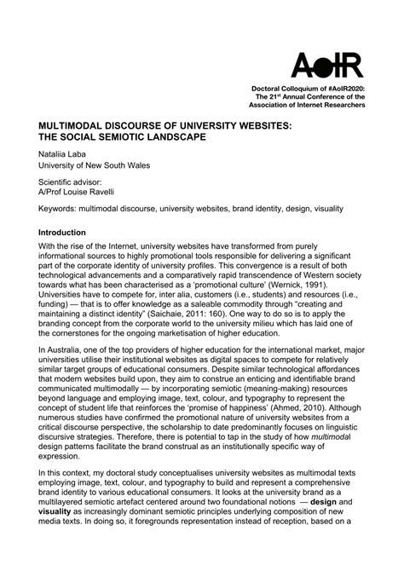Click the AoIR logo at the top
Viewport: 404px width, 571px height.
pyautogui.click(x=327, y=65)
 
